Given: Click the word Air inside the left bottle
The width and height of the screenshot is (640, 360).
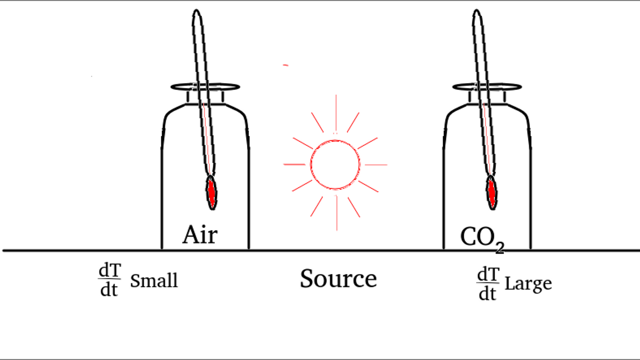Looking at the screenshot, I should [200, 234].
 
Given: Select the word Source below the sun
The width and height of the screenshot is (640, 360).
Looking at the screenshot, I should [338, 278].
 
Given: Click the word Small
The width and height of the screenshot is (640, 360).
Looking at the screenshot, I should [154, 281].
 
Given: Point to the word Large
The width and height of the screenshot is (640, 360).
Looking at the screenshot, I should [528, 283].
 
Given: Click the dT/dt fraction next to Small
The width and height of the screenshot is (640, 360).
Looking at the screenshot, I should [109, 280].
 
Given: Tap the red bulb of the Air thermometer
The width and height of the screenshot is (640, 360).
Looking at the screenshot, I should [212, 192].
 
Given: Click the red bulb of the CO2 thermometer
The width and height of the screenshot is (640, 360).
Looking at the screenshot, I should [492, 192].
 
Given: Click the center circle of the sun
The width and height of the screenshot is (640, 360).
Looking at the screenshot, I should [335, 164].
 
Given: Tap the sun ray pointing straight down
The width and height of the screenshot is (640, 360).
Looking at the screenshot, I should [336, 214].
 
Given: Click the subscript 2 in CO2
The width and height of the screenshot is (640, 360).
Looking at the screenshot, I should [499, 247].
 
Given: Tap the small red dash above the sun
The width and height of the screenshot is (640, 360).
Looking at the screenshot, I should [285, 65].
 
